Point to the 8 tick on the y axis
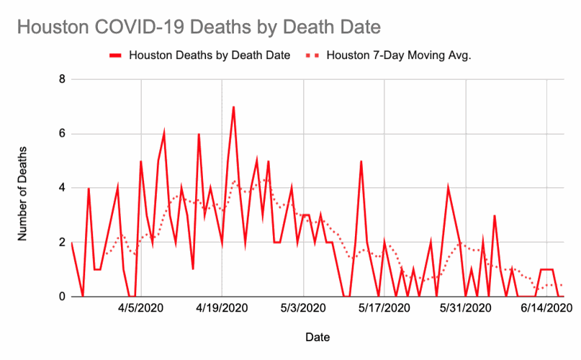pos(61,79)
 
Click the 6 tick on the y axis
pos(61,134)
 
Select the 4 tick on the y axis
pos(61,188)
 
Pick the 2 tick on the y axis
pos(61,243)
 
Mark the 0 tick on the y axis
pos(61,297)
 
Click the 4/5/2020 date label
pos(140,308)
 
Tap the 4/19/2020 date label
pos(222,308)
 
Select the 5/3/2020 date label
pos(304,308)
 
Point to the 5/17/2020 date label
pos(385,308)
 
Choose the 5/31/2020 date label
pos(467,308)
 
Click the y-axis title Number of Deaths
pos(22,189)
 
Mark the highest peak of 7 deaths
pos(233,107)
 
